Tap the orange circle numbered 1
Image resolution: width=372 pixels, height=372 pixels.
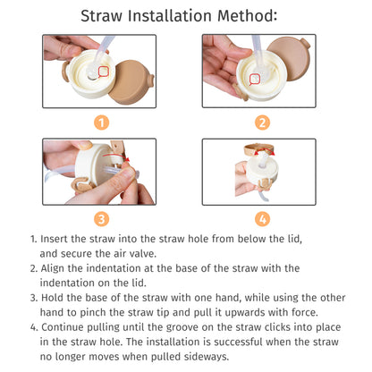101,123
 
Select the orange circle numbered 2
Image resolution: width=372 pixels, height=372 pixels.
262,123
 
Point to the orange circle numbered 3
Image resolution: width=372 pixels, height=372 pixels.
101,217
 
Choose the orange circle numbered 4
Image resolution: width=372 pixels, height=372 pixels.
262,217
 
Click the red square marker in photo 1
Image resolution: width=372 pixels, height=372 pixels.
103,71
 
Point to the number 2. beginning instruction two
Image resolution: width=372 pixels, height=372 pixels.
34,268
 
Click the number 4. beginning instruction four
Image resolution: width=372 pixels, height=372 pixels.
34,327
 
